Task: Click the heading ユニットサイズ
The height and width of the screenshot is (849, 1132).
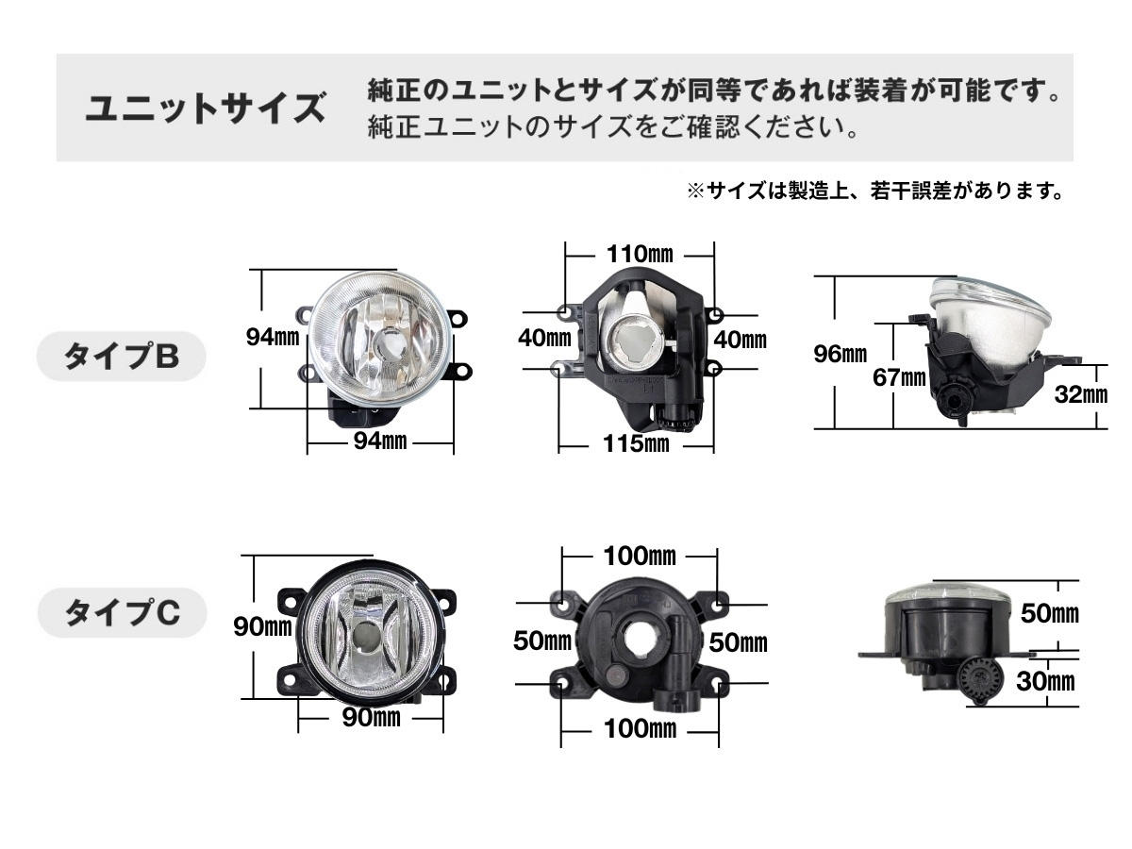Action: [x=206, y=108]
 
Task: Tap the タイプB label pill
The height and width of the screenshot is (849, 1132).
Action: [x=121, y=357]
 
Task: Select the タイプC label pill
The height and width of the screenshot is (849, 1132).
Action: [x=122, y=612]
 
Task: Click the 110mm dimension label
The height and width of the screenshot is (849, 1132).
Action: [x=640, y=254]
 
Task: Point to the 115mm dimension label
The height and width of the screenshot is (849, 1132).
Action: [x=636, y=443]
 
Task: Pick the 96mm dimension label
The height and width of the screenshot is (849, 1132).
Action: [x=841, y=354]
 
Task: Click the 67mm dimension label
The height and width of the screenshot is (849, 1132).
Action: [x=899, y=378]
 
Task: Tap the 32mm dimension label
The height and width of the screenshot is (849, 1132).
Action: [x=1081, y=395]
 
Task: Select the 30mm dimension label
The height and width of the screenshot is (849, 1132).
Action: [x=1045, y=681]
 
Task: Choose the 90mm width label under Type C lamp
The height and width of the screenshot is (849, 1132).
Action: [x=372, y=718]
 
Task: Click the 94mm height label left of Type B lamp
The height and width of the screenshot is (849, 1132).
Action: [x=273, y=337]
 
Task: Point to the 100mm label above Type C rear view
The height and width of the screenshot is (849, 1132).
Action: [x=640, y=557]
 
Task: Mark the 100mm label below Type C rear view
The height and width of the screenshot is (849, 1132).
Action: [x=640, y=729]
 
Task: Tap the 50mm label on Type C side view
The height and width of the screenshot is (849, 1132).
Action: [x=1050, y=613]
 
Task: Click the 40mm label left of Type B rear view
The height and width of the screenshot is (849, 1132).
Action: [x=544, y=338]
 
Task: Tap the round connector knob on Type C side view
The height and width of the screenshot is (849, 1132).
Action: [x=980, y=679]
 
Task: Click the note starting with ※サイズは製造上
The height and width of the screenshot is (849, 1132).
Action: [x=874, y=191]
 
